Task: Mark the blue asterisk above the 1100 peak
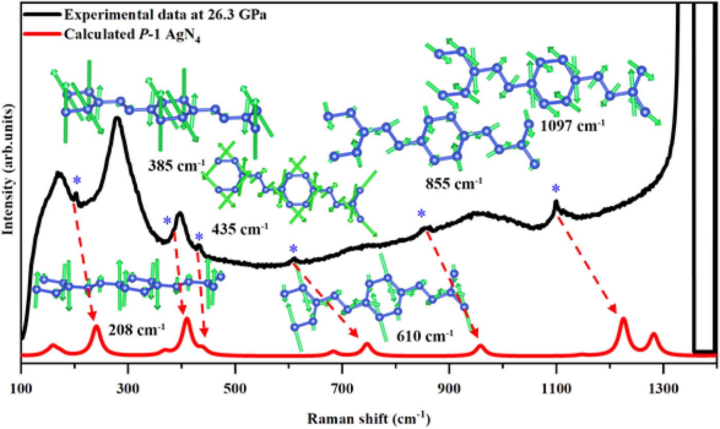[555, 189]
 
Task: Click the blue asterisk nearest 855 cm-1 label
[422, 213]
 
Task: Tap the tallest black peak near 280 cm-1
[118, 119]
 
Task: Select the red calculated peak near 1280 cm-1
[654, 335]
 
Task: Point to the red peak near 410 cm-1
[186, 319]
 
